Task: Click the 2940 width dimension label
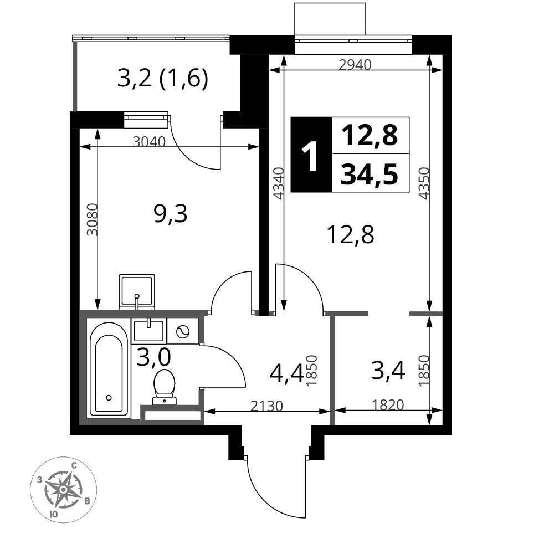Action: [355, 65]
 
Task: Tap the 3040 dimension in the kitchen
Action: [149, 142]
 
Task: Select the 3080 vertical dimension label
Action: [92, 219]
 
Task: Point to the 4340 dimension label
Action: [279, 183]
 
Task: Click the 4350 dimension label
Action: [423, 183]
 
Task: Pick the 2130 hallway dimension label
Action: [267, 406]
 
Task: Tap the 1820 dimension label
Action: [388, 404]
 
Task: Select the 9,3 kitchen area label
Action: [171, 214]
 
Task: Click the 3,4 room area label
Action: [388, 371]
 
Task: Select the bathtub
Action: [109, 369]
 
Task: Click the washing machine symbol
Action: [183, 331]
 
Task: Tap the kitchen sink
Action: [137, 292]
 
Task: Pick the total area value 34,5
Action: [370, 174]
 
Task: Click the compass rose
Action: [63, 489]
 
